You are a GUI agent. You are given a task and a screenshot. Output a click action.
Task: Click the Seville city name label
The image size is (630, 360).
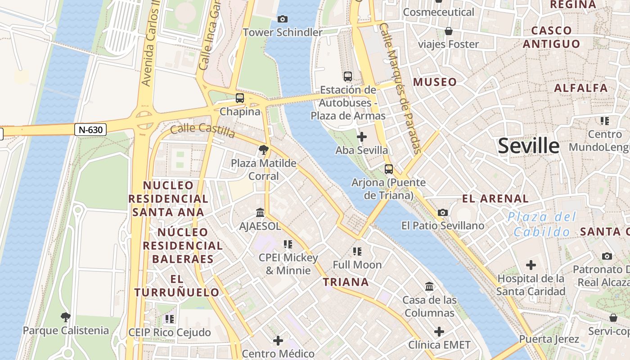coord(529,146)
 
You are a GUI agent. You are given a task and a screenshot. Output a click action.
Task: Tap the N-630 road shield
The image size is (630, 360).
coord(91,130)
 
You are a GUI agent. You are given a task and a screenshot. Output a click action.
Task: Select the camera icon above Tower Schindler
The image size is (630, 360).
coord(283,19)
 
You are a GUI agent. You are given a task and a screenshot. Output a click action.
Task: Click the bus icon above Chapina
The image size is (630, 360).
coord(240,98)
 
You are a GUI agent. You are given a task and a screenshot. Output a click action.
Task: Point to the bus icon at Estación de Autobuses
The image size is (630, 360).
coord(347,76)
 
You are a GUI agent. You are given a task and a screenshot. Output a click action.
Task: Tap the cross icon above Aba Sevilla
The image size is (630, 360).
coord(361,137)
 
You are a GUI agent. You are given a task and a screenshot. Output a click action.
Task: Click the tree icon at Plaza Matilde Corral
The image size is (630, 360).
coord(264,149)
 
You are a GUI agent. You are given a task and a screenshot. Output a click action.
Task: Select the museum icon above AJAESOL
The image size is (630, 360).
coord(260,212)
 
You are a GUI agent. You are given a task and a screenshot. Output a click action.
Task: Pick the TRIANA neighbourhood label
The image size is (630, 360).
coord(346,282)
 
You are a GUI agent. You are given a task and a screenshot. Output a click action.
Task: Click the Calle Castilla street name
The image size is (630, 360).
coord(202,131)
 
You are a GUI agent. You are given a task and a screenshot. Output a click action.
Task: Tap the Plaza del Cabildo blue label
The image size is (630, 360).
coord(542,225)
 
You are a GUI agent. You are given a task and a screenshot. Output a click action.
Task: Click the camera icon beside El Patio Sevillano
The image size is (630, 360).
coord(443,212)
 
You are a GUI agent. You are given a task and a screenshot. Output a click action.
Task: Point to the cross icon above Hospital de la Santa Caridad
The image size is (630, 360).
coord(531,265)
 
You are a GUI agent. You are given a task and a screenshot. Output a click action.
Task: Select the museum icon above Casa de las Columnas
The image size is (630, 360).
coord(429,286)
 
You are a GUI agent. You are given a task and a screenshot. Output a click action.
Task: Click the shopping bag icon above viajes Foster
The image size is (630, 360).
coord(448,31)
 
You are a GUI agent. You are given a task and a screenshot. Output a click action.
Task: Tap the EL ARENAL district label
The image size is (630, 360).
coord(495,198)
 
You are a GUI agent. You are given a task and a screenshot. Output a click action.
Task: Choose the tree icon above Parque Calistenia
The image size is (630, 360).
coord(66,317)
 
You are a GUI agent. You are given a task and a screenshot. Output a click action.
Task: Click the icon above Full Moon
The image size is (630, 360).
coord(357,251)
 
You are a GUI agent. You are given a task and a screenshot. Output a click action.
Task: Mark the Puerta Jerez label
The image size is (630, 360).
coord(549,339)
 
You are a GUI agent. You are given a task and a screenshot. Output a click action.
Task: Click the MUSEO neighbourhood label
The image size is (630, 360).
coord(435,82)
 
